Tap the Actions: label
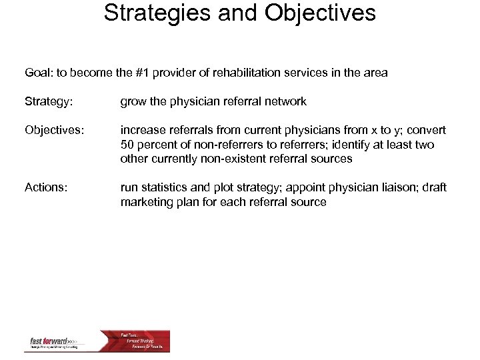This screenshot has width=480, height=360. [x=45, y=188]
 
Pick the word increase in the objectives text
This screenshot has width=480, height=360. [x=142, y=130]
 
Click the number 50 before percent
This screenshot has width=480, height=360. [x=127, y=145]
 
